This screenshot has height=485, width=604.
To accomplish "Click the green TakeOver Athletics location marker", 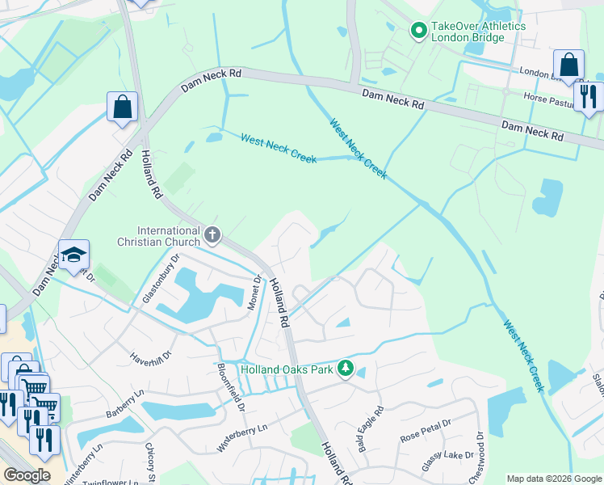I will click(419, 32).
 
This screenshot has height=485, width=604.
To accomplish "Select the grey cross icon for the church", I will click(212, 235).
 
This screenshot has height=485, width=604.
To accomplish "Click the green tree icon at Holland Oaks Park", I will click(346, 369).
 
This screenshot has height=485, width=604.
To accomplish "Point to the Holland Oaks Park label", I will click(288, 369).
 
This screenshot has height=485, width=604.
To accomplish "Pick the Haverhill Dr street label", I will click(151, 356).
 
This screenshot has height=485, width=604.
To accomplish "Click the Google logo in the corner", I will click(27, 475).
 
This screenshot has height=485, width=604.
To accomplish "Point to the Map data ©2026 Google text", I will click(554, 479).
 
